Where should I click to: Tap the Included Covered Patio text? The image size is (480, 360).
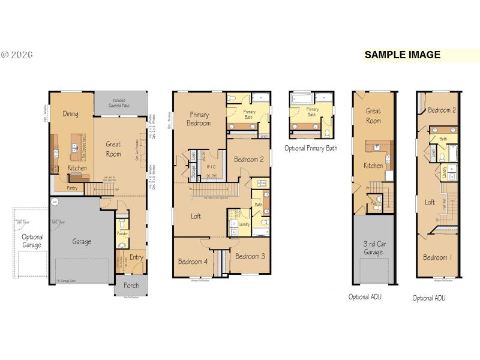(x=119, y=103)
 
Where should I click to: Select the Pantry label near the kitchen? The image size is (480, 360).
(x=72, y=188)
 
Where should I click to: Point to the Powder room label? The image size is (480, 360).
(x=122, y=234)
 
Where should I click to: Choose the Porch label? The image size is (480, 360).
(x=131, y=286)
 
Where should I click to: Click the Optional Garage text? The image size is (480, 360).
(x=32, y=241)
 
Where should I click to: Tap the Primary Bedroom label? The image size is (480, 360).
(x=199, y=118)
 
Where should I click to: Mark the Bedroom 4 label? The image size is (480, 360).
(x=193, y=262)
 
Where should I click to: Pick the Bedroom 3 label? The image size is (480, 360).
(x=250, y=256)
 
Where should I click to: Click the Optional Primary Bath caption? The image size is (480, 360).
(x=310, y=148)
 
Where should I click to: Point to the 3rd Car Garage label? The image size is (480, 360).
(x=373, y=248)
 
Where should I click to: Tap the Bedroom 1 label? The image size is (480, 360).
(x=436, y=257)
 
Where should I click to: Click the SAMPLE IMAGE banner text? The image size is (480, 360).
(x=403, y=55)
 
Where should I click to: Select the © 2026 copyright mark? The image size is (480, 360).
(x=17, y=55)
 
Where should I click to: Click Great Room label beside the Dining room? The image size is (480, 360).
(x=113, y=149)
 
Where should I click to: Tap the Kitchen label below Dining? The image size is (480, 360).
(x=77, y=168)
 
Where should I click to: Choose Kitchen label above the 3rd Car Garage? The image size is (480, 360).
(x=373, y=166)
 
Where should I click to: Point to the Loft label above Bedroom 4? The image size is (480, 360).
(x=196, y=217)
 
